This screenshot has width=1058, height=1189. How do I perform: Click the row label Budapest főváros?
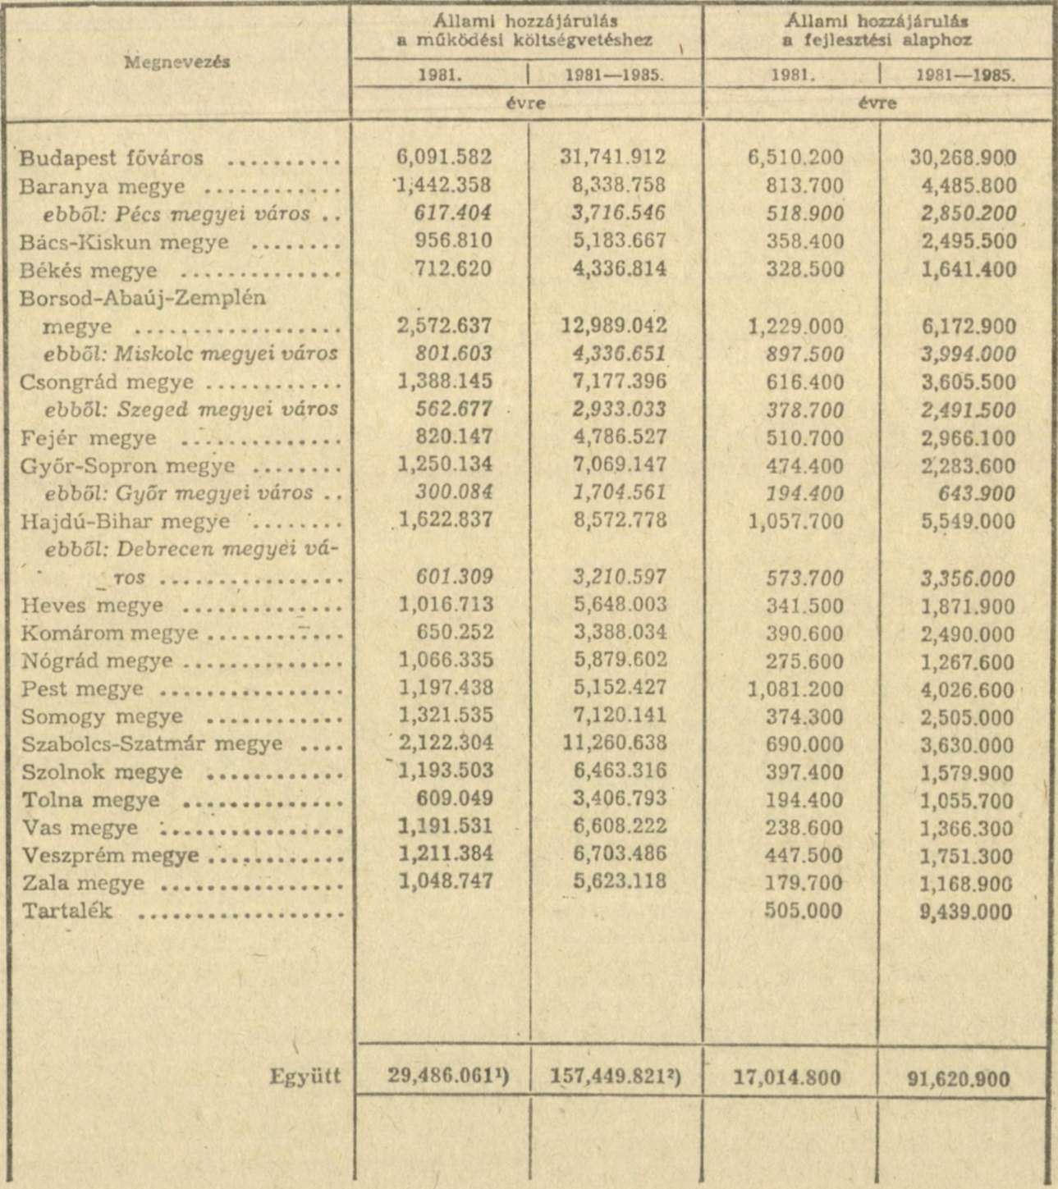(x=112, y=158)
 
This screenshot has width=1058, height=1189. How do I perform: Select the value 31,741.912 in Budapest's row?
(x=614, y=158)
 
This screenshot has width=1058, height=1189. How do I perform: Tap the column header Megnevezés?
(x=177, y=62)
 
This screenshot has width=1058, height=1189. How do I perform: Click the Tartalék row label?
(x=67, y=912)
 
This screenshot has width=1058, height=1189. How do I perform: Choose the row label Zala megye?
(x=83, y=884)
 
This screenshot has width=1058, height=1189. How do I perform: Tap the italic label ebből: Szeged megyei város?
(x=191, y=409)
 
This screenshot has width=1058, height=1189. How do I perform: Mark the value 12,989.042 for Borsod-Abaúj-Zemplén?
(x=614, y=327)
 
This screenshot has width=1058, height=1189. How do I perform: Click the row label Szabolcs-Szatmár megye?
(x=152, y=744)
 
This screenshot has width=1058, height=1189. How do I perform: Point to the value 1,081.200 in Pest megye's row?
(x=795, y=688)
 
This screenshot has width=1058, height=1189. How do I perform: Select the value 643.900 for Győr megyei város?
(x=984, y=494)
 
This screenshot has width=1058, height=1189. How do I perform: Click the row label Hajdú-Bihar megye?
(x=126, y=521)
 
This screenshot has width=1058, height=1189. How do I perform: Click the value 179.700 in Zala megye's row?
(x=804, y=884)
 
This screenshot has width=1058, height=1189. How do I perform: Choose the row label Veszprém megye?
(x=110, y=855)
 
